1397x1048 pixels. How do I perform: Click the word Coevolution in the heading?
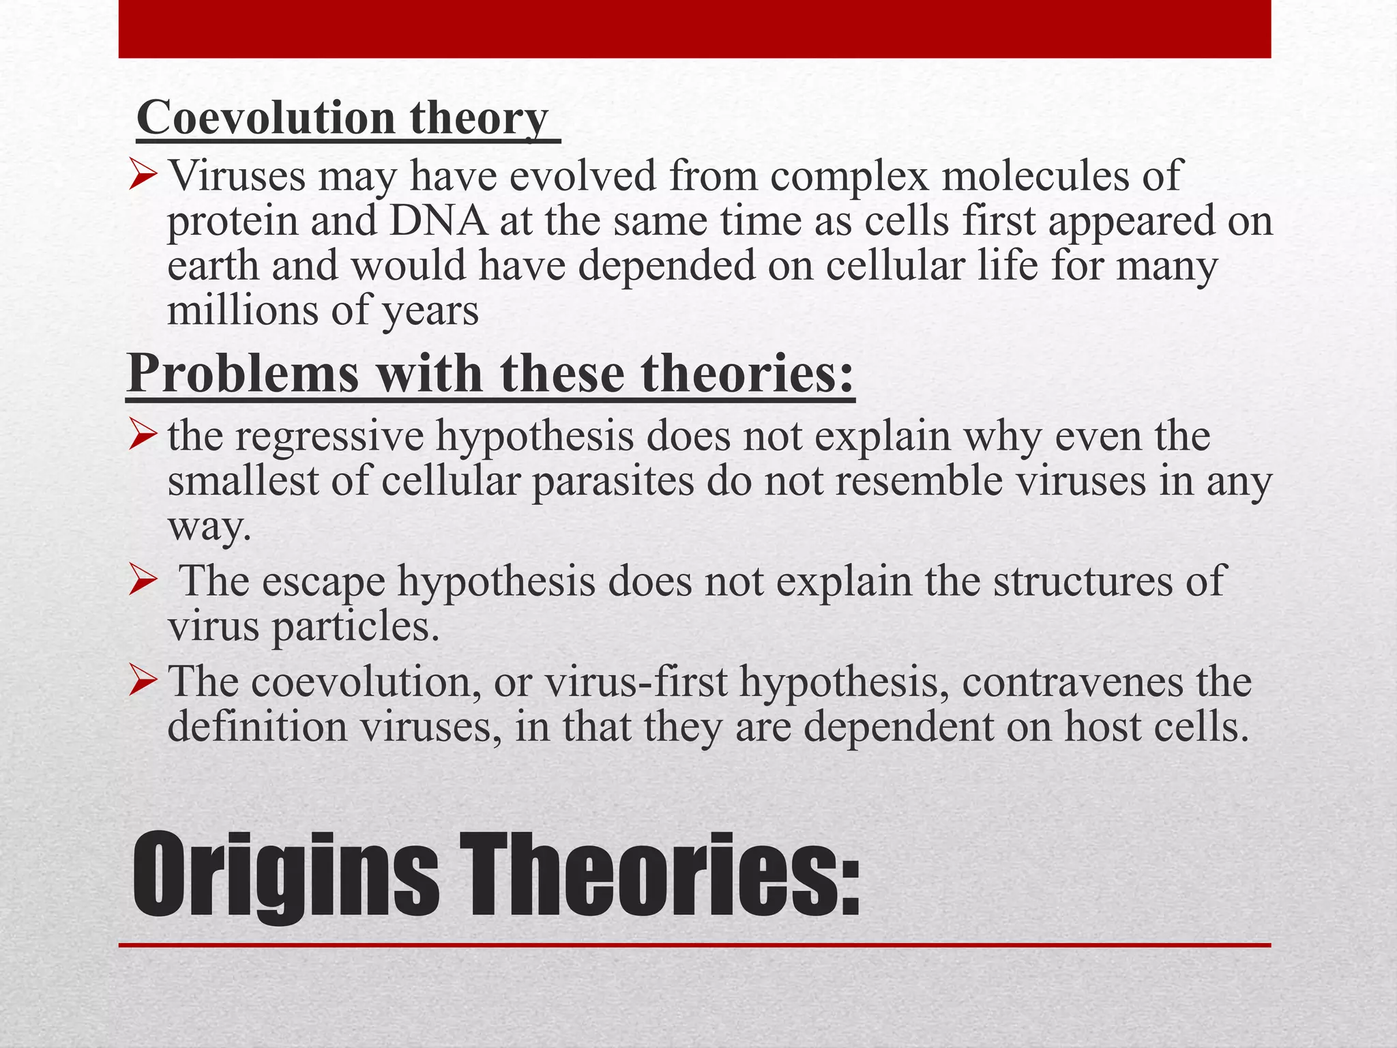(x=266, y=117)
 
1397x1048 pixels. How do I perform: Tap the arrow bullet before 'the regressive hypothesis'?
(x=143, y=437)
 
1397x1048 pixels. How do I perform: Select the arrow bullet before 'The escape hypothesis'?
(x=143, y=583)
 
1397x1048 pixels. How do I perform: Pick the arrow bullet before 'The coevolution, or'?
(x=143, y=682)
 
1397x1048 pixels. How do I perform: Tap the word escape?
(x=323, y=582)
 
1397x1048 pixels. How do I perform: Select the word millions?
(x=243, y=311)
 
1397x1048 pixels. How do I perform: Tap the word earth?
(x=213, y=266)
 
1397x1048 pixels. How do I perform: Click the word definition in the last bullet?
(x=256, y=727)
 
